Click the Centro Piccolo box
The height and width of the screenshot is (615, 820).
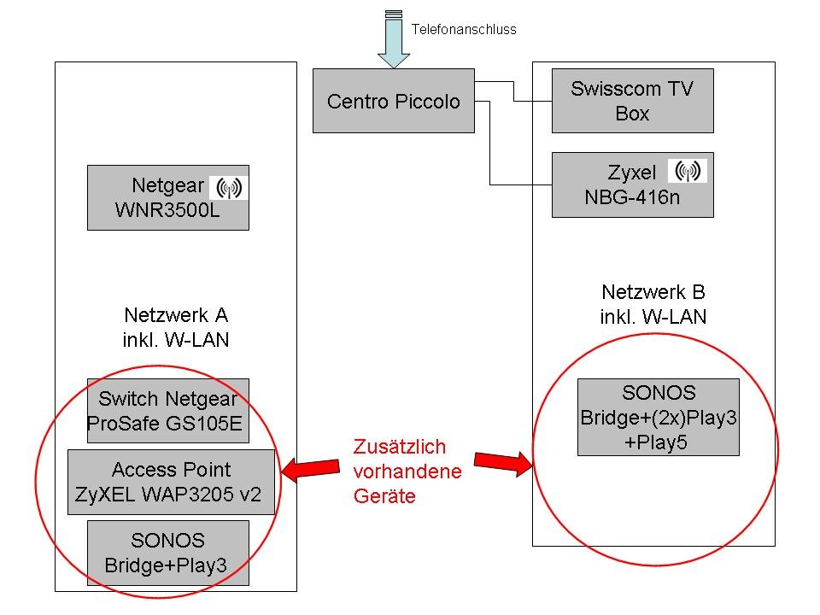393,101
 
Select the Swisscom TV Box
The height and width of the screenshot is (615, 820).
632,101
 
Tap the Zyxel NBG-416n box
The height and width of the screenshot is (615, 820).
632,184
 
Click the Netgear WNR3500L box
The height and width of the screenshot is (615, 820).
167,197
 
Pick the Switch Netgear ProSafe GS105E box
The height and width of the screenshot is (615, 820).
167,411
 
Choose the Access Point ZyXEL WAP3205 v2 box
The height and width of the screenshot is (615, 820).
171,482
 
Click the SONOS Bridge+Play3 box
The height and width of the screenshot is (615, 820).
167,553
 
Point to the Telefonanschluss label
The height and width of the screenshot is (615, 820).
464,29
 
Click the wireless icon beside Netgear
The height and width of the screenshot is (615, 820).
229,185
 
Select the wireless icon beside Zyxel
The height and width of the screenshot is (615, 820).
686,171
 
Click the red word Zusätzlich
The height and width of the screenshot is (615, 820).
400,447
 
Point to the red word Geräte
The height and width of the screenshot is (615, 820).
384,496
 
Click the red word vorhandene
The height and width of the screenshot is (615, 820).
407,471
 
